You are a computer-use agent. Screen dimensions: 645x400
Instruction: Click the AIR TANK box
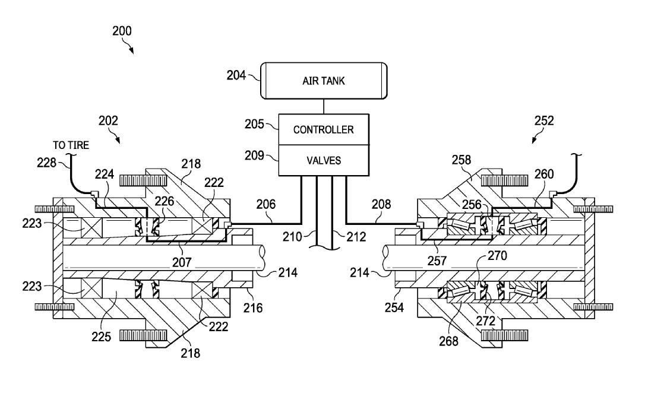(324, 81)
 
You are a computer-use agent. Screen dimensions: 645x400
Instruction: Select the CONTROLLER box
(324, 129)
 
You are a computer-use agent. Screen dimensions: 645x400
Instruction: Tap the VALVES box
(324, 160)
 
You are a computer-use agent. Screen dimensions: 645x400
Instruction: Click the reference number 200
(122, 31)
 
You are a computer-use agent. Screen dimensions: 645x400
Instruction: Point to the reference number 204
(236, 75)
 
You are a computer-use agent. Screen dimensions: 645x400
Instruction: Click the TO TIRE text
(71, 145)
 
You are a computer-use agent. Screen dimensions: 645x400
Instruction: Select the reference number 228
(46, 163)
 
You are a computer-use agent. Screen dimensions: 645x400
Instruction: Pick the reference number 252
(544, 120)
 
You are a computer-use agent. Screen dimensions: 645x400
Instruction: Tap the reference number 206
(266, 204)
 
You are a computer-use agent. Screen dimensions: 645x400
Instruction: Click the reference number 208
(381, 204)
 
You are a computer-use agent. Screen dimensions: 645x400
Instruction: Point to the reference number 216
(252, 308)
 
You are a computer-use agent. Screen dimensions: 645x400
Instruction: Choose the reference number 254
(394, 307)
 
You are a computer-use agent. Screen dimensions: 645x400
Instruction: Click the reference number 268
(448, 341)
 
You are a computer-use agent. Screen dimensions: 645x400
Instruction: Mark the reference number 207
(182, 262)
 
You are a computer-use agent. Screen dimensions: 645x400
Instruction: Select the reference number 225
(101, 336)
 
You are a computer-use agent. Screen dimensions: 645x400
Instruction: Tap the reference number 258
(461, 160)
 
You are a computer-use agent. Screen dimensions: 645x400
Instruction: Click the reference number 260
(544, 174)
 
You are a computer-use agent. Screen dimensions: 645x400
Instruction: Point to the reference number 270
(497, 256)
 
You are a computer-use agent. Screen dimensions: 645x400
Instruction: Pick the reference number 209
(254, 155)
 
